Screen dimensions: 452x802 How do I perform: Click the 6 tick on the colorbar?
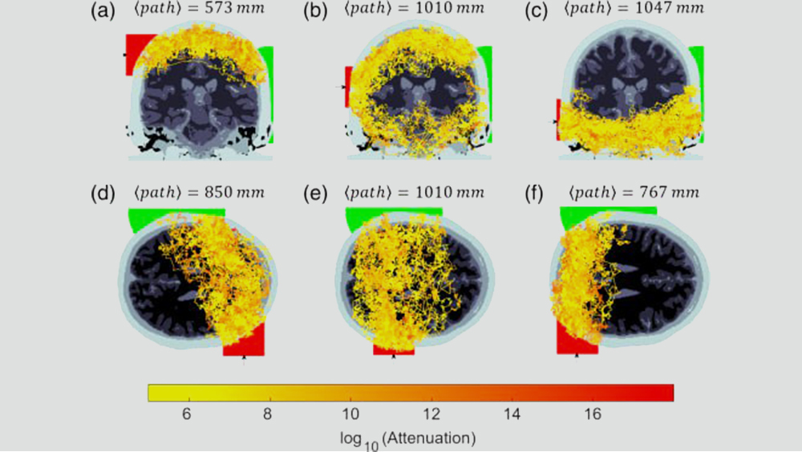click(186, 414)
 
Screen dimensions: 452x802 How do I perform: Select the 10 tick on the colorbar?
click(349, 414)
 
